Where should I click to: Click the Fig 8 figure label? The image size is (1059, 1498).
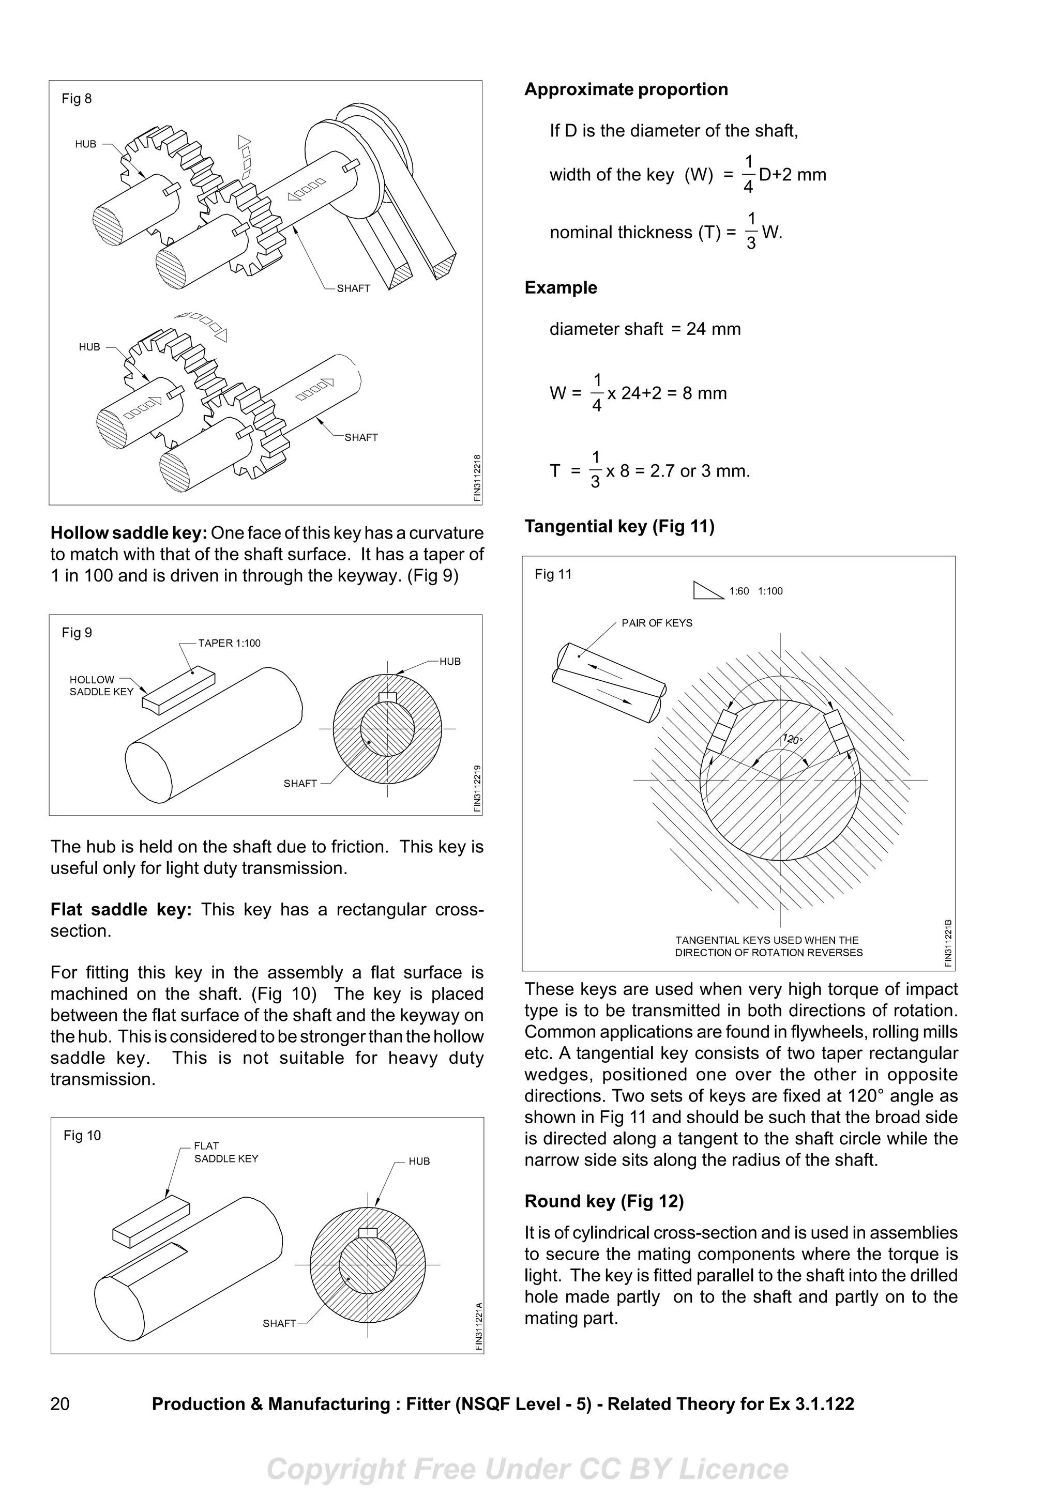click(77, 99)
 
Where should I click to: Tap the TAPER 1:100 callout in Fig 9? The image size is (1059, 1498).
click(229, 644)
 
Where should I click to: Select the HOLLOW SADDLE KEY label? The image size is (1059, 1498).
click(101, 686)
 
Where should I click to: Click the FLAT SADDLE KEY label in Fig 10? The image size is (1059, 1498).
click(226, 1152)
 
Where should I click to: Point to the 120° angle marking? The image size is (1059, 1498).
click(793, 739)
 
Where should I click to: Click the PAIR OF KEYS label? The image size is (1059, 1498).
click(656, 623)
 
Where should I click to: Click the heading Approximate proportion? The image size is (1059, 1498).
click(626, 89)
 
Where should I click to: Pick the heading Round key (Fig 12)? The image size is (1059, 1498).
click(603, 1201)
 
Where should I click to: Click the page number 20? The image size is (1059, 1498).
click(59, 1404)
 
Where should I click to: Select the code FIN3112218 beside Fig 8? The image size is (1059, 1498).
click(477, 478)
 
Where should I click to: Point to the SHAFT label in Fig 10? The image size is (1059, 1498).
click(279, 1323)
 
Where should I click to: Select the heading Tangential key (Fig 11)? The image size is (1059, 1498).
click(619, 527)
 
